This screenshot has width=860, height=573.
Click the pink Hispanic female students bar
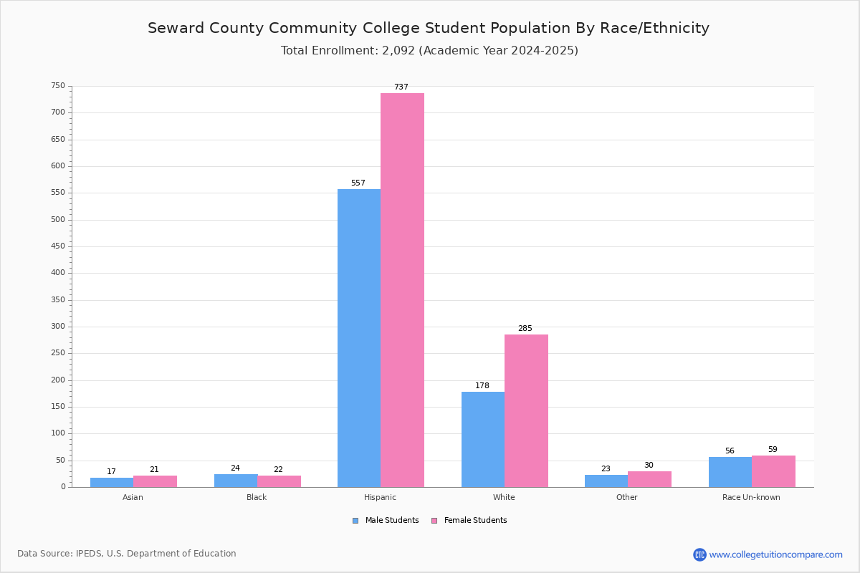402,290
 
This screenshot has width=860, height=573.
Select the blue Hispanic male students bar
359,338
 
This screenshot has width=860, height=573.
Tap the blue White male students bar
483,440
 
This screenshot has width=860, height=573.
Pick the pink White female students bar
526,411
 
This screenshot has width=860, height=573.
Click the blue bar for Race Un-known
730,472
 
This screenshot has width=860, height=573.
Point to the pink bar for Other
649,479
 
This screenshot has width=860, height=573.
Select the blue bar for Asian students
112,483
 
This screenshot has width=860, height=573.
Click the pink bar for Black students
279,481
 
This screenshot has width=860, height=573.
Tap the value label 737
401,87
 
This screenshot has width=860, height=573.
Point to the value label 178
482,385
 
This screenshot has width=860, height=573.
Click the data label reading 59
773,449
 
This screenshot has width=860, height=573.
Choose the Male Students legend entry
386,521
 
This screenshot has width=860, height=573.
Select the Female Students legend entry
469,521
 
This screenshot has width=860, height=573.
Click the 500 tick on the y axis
58,219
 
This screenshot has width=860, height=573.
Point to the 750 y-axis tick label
58,85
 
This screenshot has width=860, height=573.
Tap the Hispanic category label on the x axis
380,497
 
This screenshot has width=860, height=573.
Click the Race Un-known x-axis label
751,497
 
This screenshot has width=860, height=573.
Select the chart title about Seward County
429,28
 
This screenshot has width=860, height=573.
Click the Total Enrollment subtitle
429,51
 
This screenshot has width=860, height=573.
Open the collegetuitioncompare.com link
775,554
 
